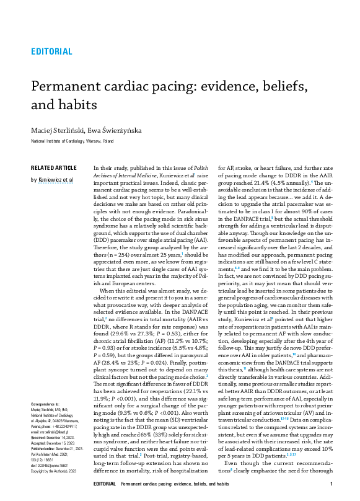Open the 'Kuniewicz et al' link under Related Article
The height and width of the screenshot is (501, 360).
55,179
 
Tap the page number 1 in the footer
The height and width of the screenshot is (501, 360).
333,484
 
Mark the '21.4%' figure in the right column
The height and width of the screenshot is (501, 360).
258,184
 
